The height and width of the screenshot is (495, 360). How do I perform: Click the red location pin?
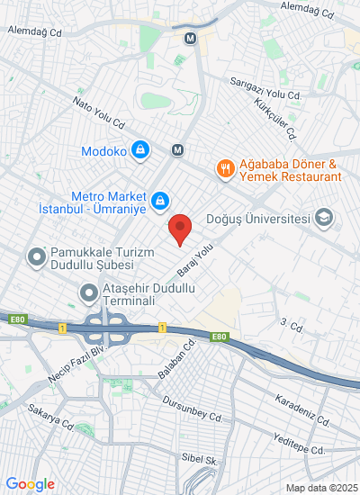click(180, 229)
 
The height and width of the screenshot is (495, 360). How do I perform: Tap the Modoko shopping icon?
click(139, 149)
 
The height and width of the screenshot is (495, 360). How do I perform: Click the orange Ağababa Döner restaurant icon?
click(225, 166)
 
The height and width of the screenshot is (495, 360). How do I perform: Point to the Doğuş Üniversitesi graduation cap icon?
click(323, 218)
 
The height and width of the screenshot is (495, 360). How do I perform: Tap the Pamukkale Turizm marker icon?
click(37, 258)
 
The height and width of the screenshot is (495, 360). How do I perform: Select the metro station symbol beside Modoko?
click(178, 149)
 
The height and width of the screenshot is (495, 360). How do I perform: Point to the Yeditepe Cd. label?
click(301, 443)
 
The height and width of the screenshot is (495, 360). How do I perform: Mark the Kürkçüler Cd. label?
click(275, 119)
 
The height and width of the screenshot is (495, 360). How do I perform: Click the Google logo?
click(29, 484)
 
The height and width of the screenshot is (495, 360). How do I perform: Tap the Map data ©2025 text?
click(321, 488)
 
